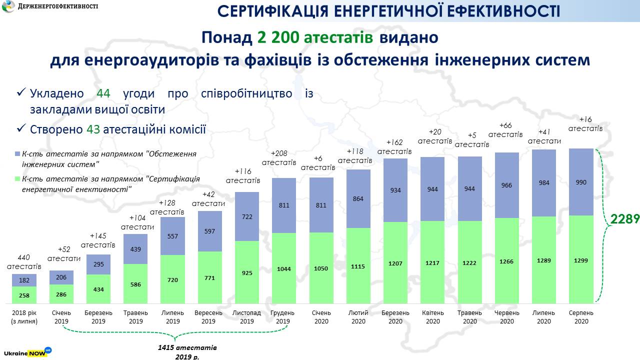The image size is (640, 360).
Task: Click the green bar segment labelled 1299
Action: click(x=581, y=259)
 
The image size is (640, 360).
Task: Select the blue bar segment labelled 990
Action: click(x=581, y=182)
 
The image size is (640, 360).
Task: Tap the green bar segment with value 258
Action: click(x=24, y=295)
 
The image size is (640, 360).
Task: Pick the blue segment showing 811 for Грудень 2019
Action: click(x=283, y=205)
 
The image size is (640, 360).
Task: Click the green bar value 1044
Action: click(x=283, y=268)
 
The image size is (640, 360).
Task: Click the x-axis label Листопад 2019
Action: click(x=246, y=317)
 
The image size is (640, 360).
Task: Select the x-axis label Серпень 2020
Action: click(x=581, y=317)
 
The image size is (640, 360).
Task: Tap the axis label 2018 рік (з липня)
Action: click(x=24, y=317)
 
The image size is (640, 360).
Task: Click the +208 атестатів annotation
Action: click(x=279, y=157)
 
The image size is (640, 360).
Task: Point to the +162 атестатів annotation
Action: click(x=394, y=146)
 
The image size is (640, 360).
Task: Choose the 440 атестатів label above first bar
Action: click(x=24, y=262)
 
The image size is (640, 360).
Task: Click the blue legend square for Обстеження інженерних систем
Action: click(x=17, y=154)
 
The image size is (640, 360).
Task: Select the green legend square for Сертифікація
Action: click(x=17, y=178)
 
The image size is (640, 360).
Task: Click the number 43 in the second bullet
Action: click(x=93, y=129)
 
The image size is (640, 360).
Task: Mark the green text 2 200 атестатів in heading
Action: click(x=315, y=37)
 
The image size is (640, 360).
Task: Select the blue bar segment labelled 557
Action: click(x=172, y=236)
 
